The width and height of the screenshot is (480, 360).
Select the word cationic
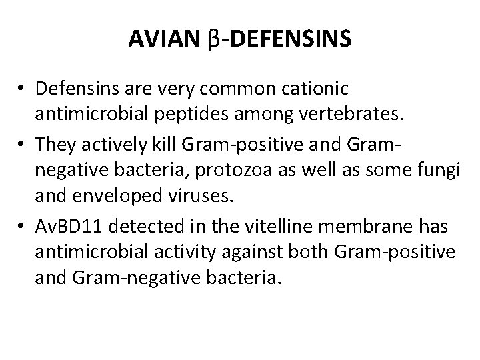click(x=322, y=88)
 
